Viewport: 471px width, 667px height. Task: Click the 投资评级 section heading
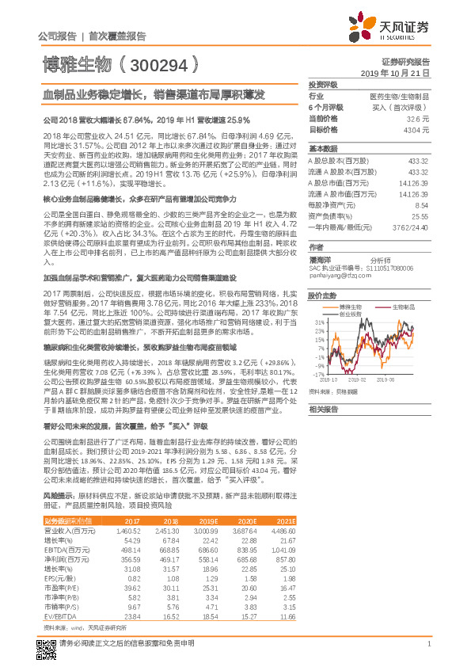(x=322, y=84)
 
